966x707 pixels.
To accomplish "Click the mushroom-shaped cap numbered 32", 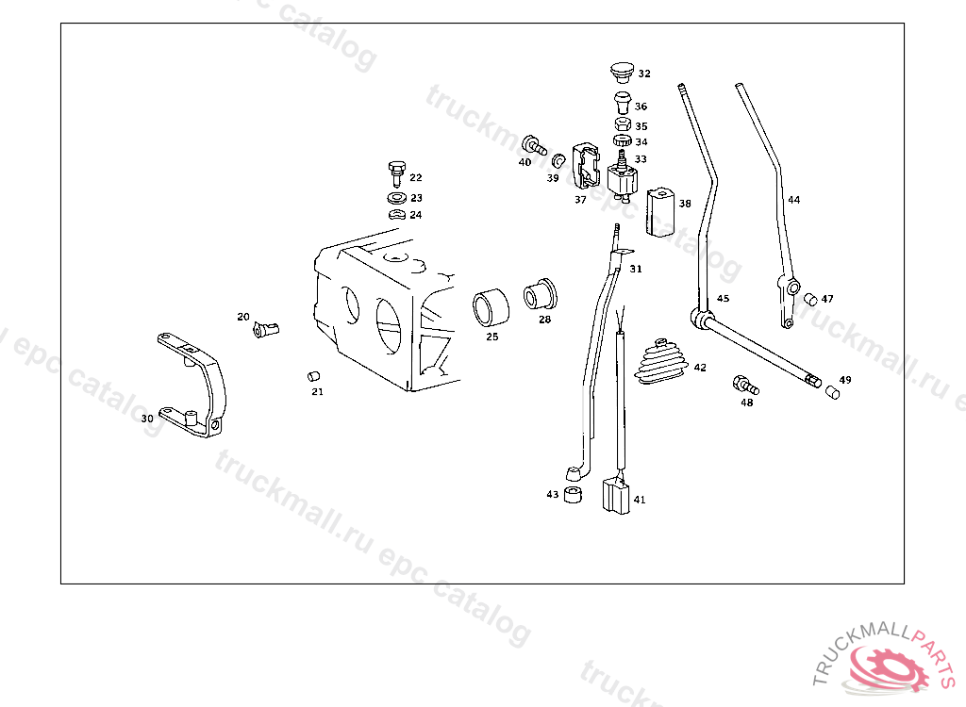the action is [x=623, y=72].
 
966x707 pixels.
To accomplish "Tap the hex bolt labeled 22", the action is [x=397, y=173].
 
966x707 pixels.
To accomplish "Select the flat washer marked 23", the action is [x=397, y=198].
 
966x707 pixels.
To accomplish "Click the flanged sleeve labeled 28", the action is [x=540, y=294].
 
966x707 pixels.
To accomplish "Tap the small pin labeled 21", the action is [x=313, y=376].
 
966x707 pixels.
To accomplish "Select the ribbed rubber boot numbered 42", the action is [x=661, y=362].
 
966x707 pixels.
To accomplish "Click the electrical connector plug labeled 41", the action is [x=616, y=497].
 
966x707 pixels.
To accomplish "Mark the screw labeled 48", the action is [x=745, y=385].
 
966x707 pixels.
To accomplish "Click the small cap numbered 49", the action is [x=832, y=392].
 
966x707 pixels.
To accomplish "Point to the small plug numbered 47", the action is [x=810, y=299].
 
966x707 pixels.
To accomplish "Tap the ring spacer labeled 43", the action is [x=573, y=495].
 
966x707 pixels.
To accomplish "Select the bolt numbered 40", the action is [x=534, y=145].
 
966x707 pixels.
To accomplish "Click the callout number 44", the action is [x=794, y=200].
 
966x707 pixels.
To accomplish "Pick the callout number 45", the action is [x=723, y=298].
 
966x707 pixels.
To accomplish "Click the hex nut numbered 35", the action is [x=623, y=123].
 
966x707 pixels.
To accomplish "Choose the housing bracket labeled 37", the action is [x=586, y=165].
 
